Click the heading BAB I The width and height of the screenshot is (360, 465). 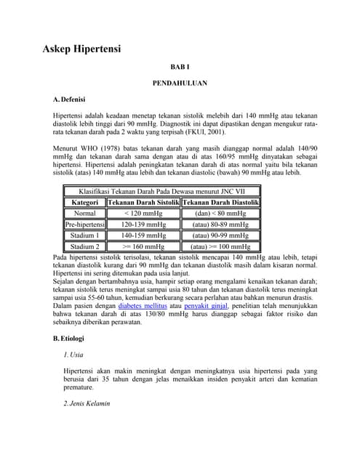[x=180, y=67]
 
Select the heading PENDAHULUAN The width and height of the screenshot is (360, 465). [x=180, y=84]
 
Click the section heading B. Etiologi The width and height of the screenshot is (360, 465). [x=69, y=339]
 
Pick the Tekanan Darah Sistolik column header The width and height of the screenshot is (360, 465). [x=143, y=202]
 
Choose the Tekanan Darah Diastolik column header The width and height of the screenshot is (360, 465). [x=220, y=202]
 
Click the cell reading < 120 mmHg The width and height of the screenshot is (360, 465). [x=143, y=214]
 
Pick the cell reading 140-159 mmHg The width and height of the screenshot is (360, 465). [x=143, y=236]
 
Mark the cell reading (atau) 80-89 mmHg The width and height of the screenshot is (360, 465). [x=220, y=225]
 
